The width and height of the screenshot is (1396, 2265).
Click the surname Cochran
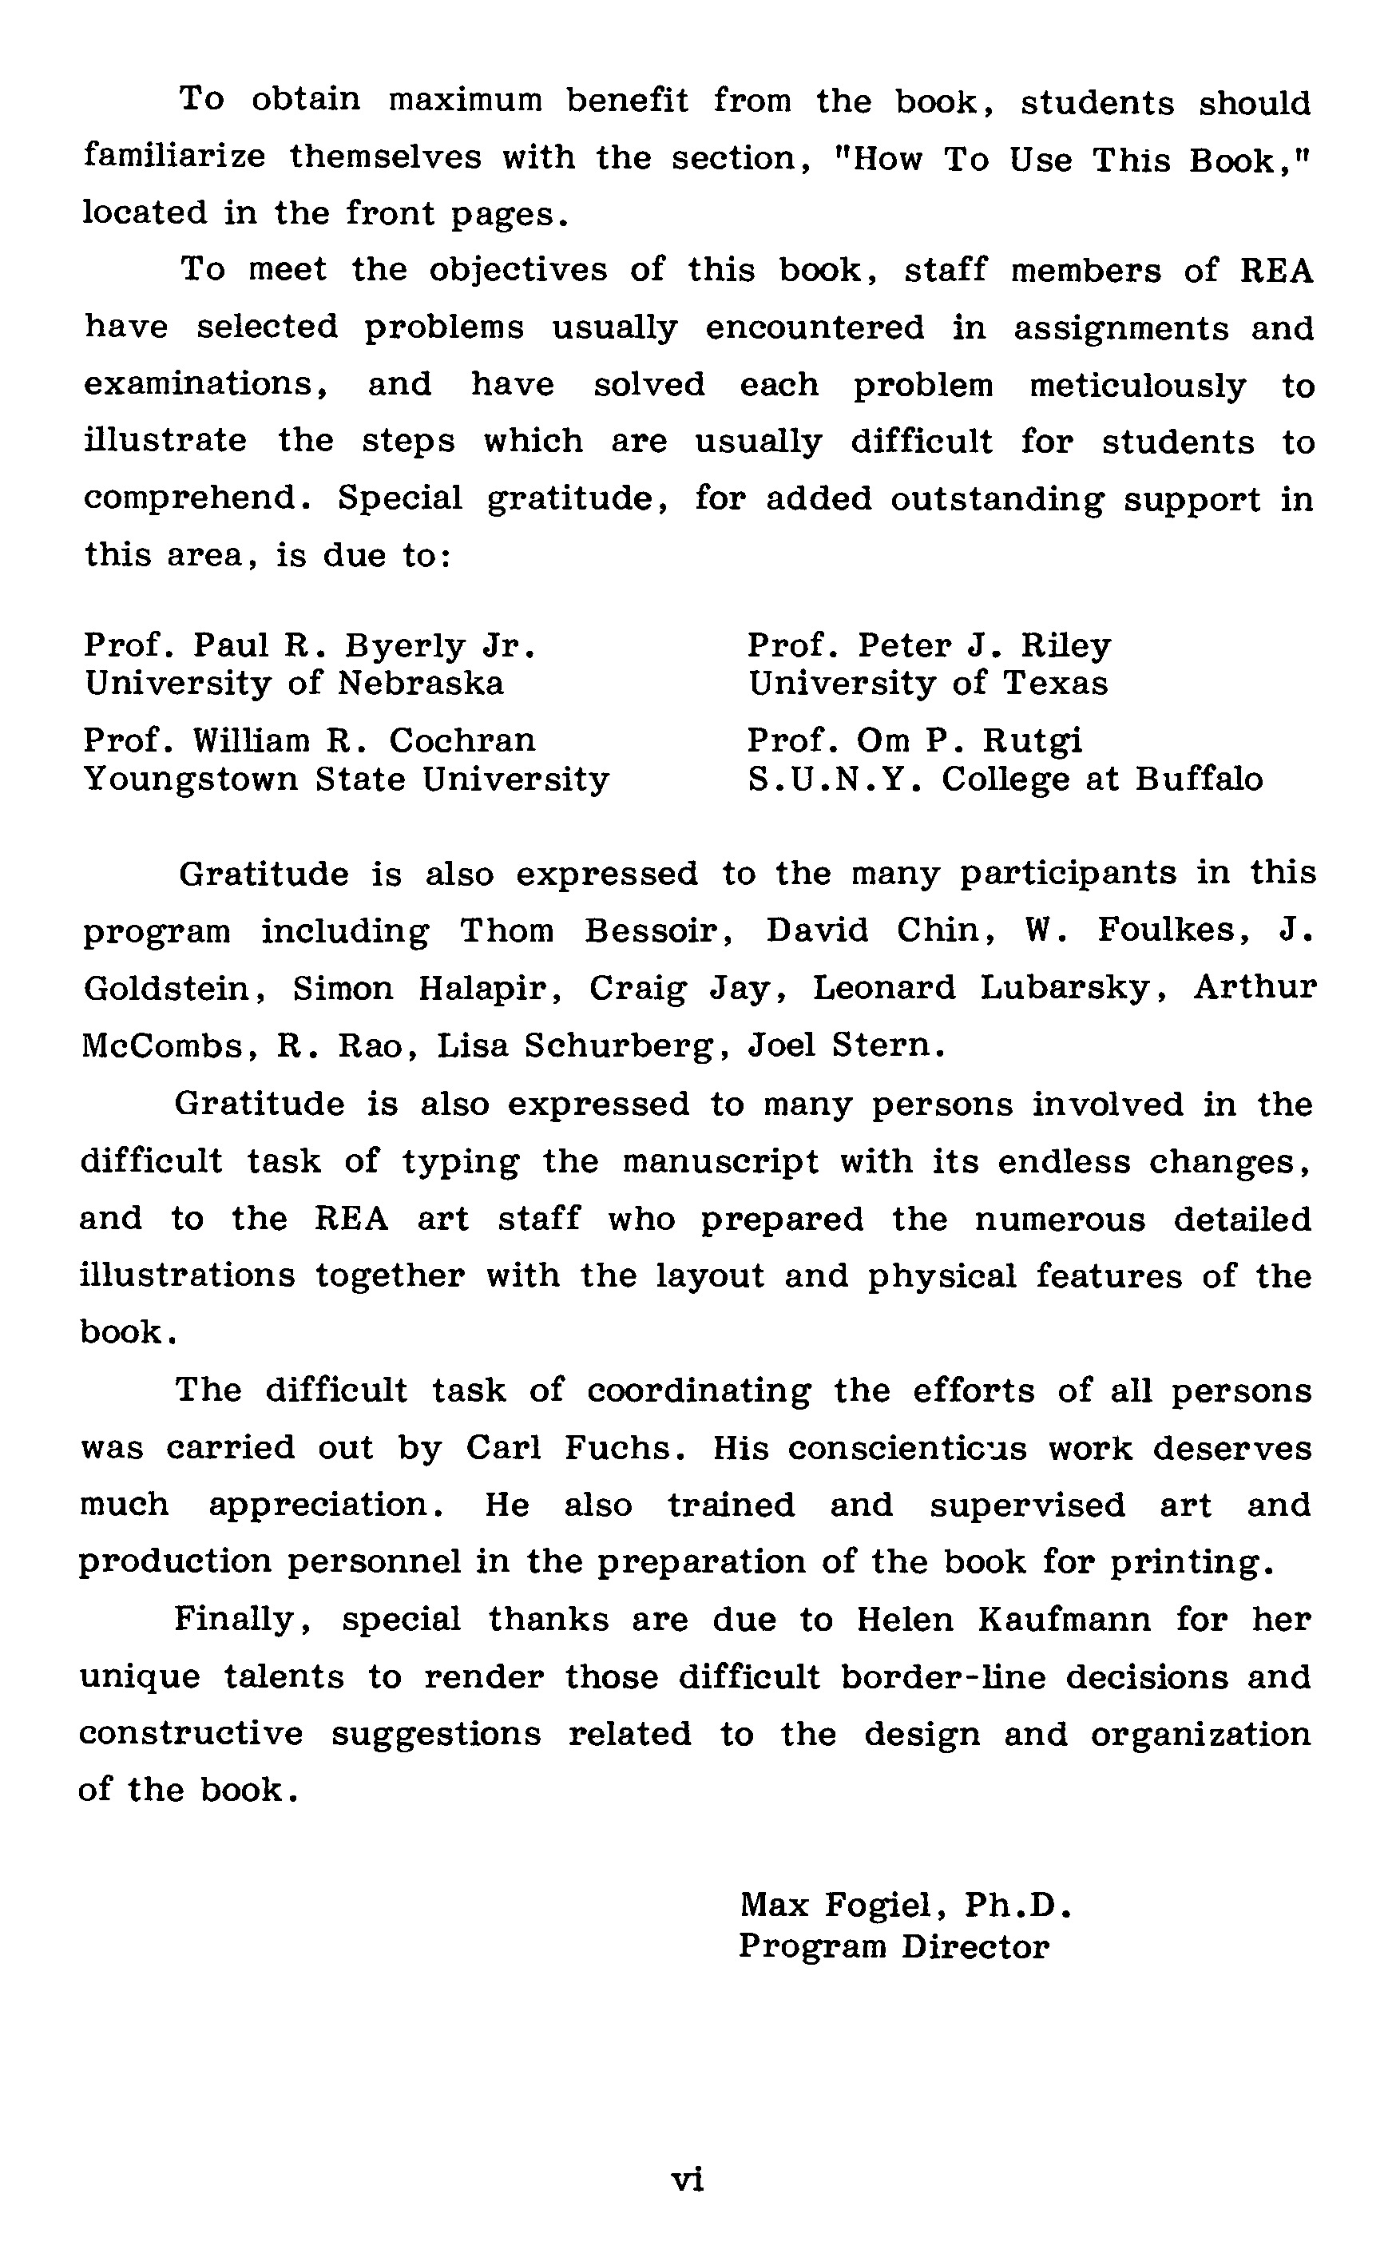[462, 741]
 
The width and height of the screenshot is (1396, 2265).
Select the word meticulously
[1137, 386]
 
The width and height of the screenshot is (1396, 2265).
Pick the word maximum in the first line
[465, 100]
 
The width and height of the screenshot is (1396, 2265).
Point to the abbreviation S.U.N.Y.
[834, 780]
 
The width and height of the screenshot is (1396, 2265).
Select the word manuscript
[720, 1161]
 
